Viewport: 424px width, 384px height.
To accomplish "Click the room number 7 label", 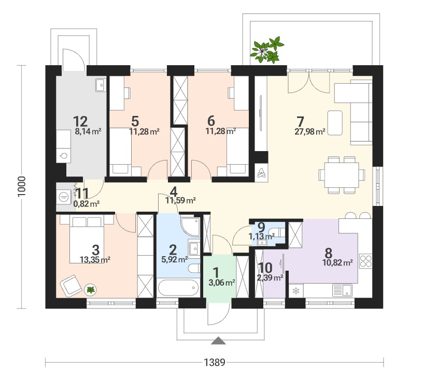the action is (x=300, y=122).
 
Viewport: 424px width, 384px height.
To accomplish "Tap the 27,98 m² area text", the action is (x=310, y=132).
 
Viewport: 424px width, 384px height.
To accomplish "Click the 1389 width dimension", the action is (x=215, y=362).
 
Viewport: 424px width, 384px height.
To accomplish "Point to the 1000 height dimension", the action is (x=21, y=187).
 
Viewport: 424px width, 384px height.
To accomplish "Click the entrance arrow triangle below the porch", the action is (x=218, y=341).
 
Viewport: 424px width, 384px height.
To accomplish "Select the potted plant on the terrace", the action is (x=266, y=50).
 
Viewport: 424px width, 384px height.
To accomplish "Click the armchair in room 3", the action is (x=71, y=285).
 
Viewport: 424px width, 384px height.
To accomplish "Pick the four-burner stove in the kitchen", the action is (x=365, y=261).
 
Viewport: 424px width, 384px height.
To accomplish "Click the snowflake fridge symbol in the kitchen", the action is (x=296, y=291).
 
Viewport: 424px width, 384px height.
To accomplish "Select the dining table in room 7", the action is (x=342, y=175).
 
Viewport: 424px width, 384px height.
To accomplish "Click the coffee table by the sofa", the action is (x=335, y=123).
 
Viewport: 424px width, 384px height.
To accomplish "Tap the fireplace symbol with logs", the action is (x=261, y=173).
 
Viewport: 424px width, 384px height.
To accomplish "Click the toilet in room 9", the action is (x=277, y=232).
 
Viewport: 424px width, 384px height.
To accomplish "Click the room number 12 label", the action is (x=80, y=122).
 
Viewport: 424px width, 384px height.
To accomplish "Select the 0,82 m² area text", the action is (x=87, y=203).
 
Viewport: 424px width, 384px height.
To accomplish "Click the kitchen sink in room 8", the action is (x=342, y=291).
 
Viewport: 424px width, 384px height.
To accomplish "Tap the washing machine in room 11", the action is (x=64, y=196).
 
